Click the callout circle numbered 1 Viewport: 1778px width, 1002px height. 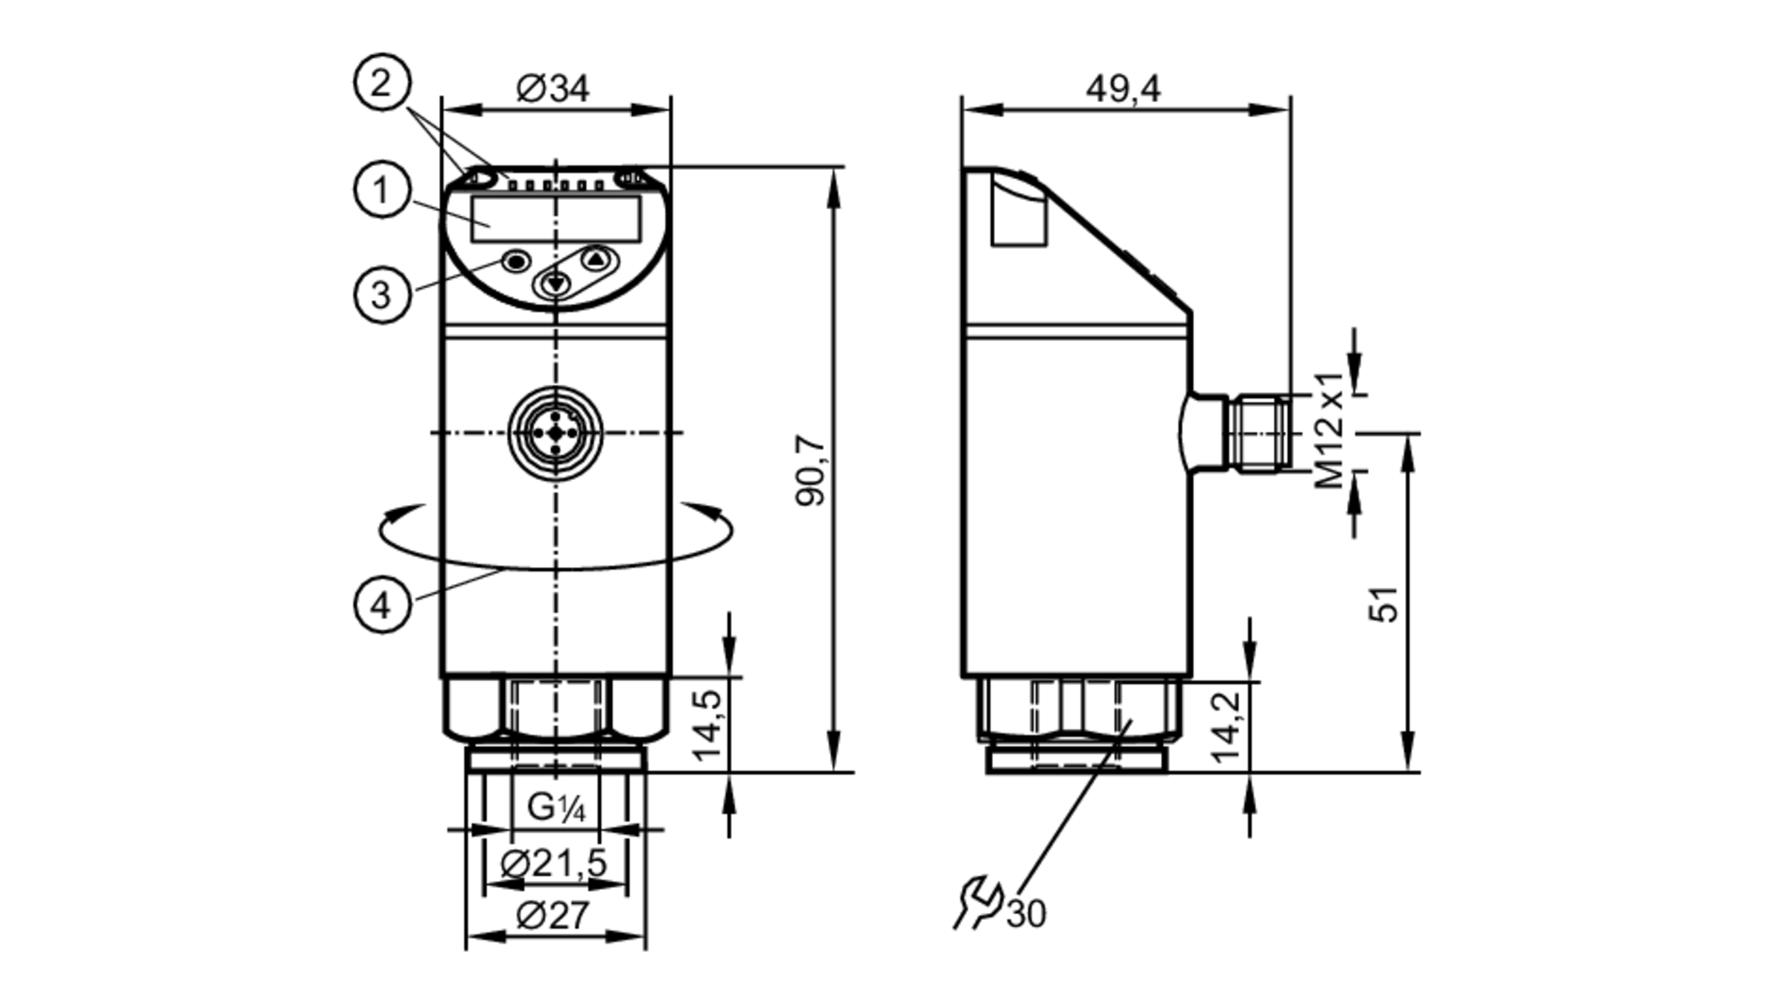tap(381, 189)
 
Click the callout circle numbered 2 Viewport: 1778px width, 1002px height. tap(381, 84)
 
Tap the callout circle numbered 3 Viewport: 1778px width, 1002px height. tap(381, 294)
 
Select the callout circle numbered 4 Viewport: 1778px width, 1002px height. tap(381, 605)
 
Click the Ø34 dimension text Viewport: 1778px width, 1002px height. tap(552, 88)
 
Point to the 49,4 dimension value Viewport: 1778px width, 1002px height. tap(1123, 88)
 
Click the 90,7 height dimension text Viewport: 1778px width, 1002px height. tap(810, 471)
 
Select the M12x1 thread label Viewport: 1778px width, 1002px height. tap(1330, 430)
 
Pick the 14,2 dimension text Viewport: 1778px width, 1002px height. tap(1227, 726)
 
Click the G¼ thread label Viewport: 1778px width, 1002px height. tap(556, 807)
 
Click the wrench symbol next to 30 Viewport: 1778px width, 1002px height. tap(978, 902)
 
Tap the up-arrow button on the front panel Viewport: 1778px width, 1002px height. tap(597, 260)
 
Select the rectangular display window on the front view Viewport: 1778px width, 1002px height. tap(556, 220)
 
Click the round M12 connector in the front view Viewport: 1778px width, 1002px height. tap(556, 432)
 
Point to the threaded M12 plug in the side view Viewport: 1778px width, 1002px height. tap(1255, 433)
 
